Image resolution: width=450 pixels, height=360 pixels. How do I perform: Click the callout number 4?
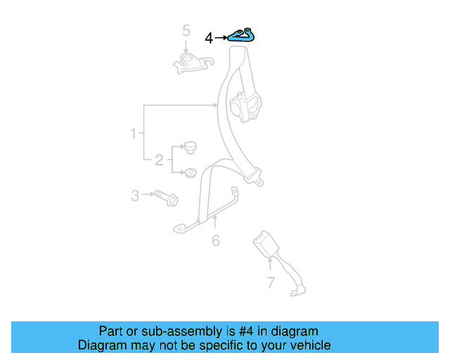209,38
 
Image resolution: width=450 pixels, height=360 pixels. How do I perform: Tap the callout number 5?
186,30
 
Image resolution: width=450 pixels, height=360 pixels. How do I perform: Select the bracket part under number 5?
191,62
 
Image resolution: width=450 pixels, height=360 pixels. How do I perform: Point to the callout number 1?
133,133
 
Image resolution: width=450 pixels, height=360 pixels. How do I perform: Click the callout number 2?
159,160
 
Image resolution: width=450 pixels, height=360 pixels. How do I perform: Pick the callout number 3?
135,195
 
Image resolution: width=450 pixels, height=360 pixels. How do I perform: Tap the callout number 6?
216,241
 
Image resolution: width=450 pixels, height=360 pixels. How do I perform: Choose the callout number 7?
271,283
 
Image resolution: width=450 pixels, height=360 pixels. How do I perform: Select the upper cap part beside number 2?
190,146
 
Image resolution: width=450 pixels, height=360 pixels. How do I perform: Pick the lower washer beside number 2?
189,172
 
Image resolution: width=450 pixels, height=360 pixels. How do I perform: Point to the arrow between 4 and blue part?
220,38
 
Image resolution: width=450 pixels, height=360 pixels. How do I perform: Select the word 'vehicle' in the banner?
309,345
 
